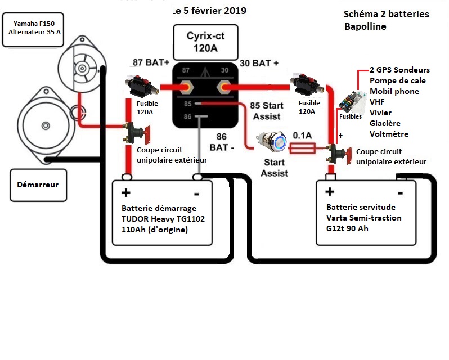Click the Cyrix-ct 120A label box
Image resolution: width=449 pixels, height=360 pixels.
(205, 42)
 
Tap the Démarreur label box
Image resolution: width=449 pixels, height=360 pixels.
(38, 185)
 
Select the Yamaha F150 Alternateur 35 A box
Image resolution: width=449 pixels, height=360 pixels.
(33, 29)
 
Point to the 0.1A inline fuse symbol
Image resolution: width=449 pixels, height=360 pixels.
(302, 148)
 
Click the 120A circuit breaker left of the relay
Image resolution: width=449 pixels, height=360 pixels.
(141, 86)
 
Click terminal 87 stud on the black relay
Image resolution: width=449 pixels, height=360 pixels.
(186, 87)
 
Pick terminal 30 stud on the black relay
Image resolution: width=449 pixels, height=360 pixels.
(224, 87)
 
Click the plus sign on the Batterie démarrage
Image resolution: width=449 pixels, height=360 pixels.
(125, 192)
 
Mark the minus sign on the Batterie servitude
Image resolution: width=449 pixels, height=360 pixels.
(400, 193)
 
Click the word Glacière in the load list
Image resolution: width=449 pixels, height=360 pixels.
(385, 123)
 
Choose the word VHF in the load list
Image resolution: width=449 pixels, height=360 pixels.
(377, 102)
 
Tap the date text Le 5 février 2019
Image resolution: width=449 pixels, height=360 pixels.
(209, 11)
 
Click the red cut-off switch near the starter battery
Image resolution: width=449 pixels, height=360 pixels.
(137, 133)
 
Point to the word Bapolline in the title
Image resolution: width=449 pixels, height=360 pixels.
(365, 26)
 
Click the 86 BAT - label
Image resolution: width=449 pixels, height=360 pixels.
(222, 142)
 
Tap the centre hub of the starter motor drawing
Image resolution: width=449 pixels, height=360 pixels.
(46, 125)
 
